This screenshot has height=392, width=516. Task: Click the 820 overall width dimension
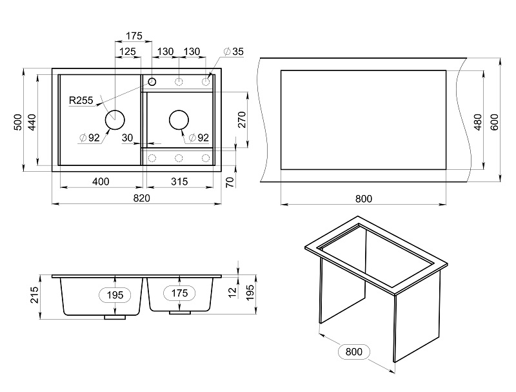click(142, 198)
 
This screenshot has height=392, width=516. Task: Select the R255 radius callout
click(81, 100)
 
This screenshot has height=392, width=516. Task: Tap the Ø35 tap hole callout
click(234, 52)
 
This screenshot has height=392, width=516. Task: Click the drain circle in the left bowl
click(115, 120)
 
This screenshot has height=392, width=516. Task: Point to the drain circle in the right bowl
click(179, 120)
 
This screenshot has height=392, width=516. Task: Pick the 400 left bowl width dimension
click(101, 181)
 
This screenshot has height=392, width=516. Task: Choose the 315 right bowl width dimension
click(179, 181)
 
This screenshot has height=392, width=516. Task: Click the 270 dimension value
click(242, 119)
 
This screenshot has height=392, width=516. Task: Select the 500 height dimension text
click(18, 122)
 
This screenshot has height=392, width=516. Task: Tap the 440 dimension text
click(32, 122)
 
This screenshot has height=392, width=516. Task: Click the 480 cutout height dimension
click(478, 122)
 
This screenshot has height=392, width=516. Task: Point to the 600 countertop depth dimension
click(495, 122)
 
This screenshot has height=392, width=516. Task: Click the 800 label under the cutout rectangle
click(364, 199)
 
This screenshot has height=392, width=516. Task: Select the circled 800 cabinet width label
click(354, 351)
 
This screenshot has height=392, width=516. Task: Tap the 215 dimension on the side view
click(35, 295)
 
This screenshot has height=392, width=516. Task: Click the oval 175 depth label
click(179, 293)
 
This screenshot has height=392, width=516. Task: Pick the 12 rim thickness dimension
click(232, 292)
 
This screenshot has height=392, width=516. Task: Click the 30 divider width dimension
click(127, 138)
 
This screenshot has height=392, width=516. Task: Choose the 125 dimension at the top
click(127, 52)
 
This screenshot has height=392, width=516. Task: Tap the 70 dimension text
click(230, 182)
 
